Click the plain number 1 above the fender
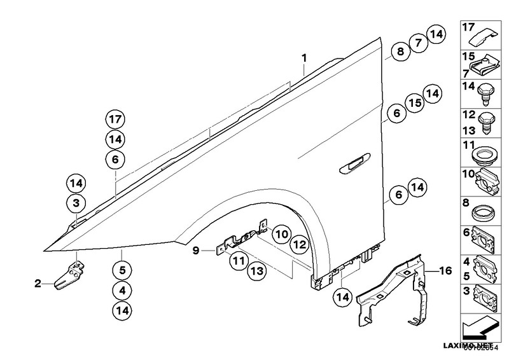click(x=305, y=59)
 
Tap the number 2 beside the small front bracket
click(x=38, y=283)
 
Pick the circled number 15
click(x=414, y=104)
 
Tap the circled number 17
click(x=115, y=119)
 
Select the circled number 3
click(x=76, y=204)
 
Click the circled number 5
click(x=122, y=269)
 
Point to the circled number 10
click(x=281, y=235)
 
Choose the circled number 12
click(x=300, y=244)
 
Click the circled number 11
click(x=239, y=260)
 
